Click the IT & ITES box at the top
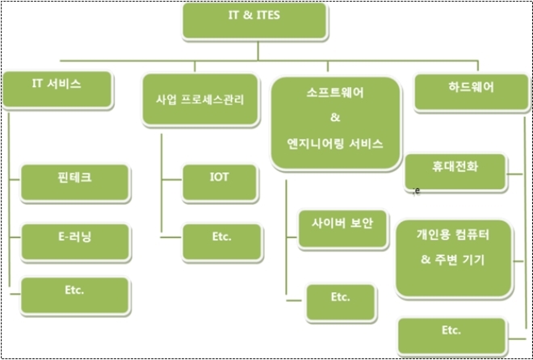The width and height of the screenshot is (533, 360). coord(254,21)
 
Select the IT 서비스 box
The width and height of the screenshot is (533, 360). coord(57,90)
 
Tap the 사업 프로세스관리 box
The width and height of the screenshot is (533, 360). coord(200,99)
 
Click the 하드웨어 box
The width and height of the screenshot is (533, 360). coord(472,93)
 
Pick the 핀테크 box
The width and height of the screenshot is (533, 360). coord(75,183)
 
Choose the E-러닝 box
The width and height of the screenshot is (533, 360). coord(75,242)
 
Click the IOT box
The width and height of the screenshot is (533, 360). coord(220,182)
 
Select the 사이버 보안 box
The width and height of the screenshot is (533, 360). coord(342,229)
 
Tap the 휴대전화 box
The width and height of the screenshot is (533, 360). coord(455,172)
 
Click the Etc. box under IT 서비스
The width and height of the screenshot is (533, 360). coord(75,295)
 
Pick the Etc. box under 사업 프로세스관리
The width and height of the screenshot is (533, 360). coord(222,242)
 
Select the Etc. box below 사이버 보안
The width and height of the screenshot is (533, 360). coord(341,303)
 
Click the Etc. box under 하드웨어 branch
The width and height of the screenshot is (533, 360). coord(451,337)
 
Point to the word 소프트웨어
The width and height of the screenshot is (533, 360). coord(335,93)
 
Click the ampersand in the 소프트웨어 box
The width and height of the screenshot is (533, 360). coord(335,118)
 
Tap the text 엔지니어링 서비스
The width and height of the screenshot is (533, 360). coord(335,144)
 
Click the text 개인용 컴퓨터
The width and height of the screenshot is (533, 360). coord(453,235)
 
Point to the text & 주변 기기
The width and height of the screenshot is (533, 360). coord(452,260)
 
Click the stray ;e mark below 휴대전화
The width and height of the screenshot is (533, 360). coord(417,191)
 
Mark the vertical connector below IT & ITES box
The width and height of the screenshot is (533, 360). coord(258,51)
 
